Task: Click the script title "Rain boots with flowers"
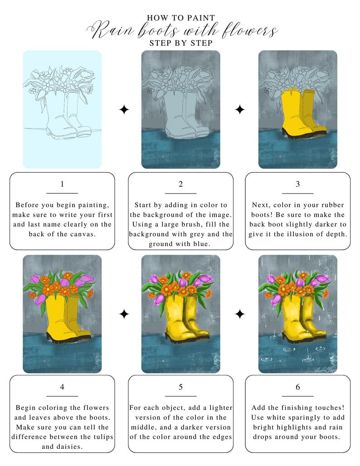click(181, 31)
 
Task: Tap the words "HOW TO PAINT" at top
click(181, 18)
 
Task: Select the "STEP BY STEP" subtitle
click(181, 44)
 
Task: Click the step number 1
click(62, 184)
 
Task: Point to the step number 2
click(180, 184)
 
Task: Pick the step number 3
click(297, 184)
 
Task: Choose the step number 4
click(62, 387)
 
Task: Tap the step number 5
click(180, 387)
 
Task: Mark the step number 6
click(297, 387)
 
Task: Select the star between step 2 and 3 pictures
click(240, 110)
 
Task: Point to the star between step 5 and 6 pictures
click(240, 314)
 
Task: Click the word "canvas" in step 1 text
click(83, 234)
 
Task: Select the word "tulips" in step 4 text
click(102, 437)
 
